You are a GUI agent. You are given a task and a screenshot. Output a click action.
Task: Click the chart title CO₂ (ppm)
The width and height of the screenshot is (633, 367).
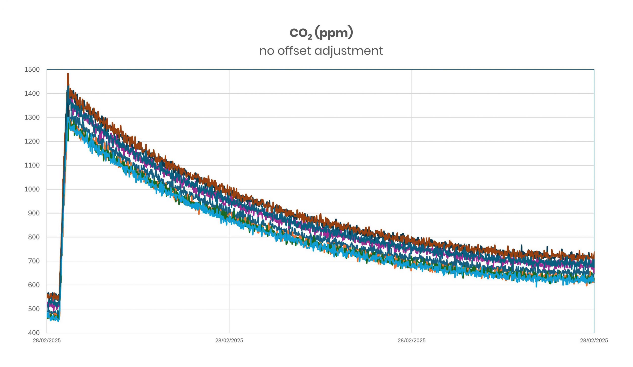[x=321, y=33]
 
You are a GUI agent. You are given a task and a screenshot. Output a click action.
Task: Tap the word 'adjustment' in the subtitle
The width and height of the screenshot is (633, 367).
[x=348, y=51]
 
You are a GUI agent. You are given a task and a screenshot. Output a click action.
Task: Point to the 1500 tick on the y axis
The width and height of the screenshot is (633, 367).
[x=32, y=69]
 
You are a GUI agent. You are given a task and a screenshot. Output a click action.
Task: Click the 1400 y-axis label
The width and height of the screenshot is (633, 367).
[x=32, y=94]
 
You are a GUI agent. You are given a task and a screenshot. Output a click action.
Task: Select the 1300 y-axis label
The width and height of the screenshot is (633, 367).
[x=32, y=117]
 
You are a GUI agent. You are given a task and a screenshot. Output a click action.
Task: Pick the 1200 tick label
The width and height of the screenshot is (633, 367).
[x=32, y=142]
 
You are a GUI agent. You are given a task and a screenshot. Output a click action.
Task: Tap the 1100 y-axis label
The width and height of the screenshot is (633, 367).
[x=32, y=165]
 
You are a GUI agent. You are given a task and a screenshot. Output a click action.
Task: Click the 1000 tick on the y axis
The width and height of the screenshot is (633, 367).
[x=32, y=189]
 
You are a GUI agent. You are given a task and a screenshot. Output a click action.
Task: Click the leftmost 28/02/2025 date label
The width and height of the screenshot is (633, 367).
[x=47, y=340]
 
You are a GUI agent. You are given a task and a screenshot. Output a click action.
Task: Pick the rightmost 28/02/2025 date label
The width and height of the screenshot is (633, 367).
[x=594, y=340]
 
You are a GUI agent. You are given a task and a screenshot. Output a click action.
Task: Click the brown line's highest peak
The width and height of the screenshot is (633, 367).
[x=68, y=74]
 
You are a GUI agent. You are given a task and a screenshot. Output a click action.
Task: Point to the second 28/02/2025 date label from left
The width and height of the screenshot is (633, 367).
[x=229, y=340]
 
